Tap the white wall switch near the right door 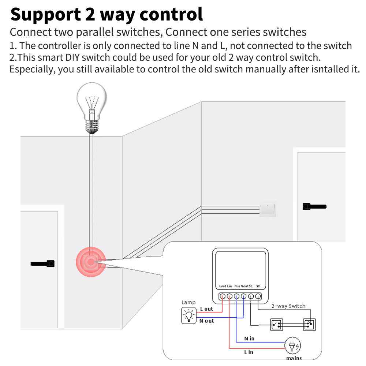(268, 208)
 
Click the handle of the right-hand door (314, 207)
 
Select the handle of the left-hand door (43, 263)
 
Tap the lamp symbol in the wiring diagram (188, 315)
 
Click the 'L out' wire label (206, 309)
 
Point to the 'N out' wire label (206, 321)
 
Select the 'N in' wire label (249, 339)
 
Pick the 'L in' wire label (249, 352)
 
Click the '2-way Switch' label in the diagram (288, 306)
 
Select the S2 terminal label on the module (258, 286)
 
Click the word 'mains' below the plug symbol (294, 358)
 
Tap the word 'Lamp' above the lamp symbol (188, 303)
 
